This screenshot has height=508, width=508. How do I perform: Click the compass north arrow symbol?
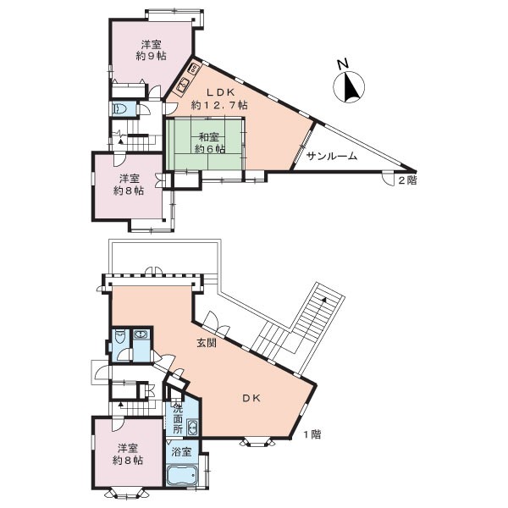pyautogui.click(x=349, y=87)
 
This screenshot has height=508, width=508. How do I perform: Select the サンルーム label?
pyautogui.click(x=332, y=157)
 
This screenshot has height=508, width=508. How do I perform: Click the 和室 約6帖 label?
pyautogui.click(x=209, y=143)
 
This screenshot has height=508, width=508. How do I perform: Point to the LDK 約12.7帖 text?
pyautogui.click(x=219, y=98)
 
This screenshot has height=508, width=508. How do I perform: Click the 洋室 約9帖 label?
pyautogui.click(x=152, y=50)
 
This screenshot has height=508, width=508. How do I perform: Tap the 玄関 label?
pyautogui.click(x=207, y=343)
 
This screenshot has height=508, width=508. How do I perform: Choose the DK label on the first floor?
pyautogui.click(x=251, y=399)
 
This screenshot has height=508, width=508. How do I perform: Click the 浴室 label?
pyautogui.click(x=181, y=451)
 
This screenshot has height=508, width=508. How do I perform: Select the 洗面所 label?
pyautogui.click(x=178, y=418)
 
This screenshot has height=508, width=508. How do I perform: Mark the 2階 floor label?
pyautogui.click(x=407, y=180)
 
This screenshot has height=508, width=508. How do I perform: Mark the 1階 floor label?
pyautogui.click(x=312, y=434)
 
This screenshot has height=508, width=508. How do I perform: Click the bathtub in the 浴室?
pyautogui.click(x=182, y=475)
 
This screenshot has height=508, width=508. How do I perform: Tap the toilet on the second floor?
pyautogui.click(x=119, y=109)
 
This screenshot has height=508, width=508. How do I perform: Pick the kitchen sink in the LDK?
pyautogui.click(x=183, y=86)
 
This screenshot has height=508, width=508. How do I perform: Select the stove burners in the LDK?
pyautogui.click(x=194, y=68)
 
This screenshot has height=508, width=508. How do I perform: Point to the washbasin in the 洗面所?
pyautogui.click(x=192, y=428)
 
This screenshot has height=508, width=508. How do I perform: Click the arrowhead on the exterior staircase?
pyautogui.click(x=324, y=300)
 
